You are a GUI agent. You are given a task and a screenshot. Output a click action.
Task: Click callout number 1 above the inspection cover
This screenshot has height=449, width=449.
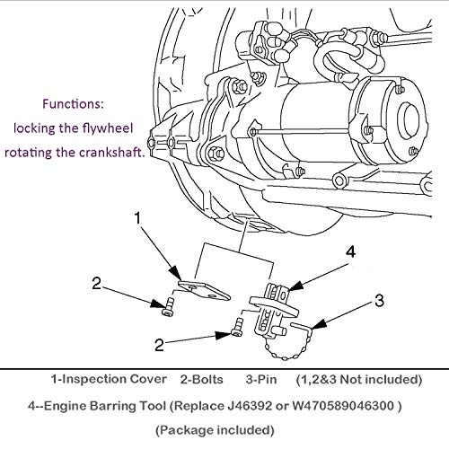137,218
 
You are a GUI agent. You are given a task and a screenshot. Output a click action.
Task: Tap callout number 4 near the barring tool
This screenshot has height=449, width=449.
350,251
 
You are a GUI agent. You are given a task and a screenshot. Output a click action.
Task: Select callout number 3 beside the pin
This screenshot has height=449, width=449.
379,301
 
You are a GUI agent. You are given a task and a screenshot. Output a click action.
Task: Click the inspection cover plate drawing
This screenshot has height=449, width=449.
204,290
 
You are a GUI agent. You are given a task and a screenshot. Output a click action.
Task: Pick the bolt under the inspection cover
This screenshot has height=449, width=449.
168,307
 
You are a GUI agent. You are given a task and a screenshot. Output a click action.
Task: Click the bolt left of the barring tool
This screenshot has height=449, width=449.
237,328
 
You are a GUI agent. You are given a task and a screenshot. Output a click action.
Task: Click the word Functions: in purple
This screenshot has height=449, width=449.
73,104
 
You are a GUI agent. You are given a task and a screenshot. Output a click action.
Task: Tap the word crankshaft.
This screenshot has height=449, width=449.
112,153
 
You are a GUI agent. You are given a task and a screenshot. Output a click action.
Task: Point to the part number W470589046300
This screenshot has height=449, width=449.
343,406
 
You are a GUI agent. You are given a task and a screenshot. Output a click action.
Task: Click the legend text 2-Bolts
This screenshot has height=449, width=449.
202,380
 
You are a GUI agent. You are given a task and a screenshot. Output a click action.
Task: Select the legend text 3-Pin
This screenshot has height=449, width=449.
261,380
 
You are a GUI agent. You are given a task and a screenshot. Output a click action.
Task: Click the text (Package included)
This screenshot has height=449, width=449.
215,430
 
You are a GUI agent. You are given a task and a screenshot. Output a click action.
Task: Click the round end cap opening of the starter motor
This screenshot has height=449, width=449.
411,118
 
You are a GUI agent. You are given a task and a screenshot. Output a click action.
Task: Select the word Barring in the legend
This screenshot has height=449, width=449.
110,406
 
